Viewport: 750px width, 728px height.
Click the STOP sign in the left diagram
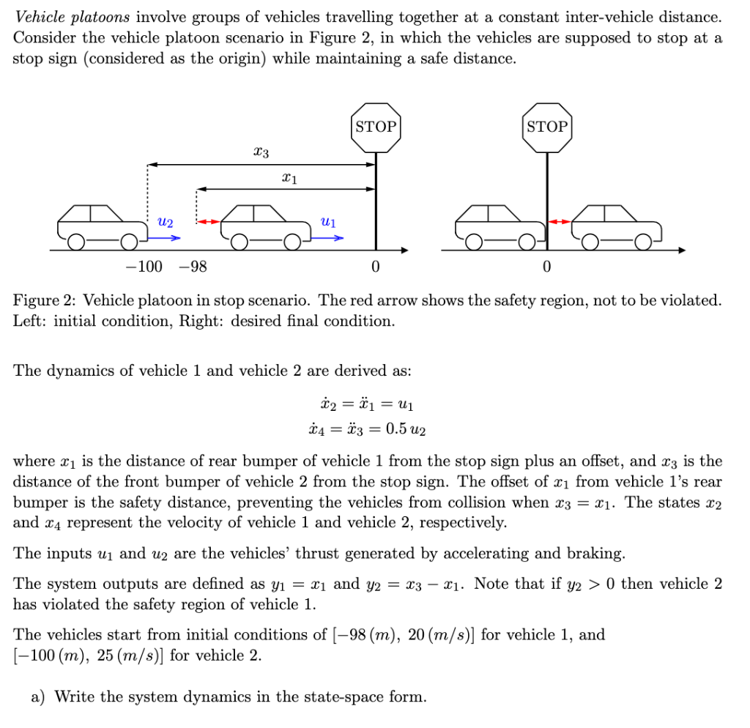click(x=376, y=127)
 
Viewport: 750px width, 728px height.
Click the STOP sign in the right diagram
click(x=546, y=127)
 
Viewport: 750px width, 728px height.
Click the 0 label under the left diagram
click(x=375, y=267)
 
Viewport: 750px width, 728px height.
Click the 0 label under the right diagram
click(x=546, y=267)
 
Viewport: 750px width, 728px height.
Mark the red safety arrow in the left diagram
click(x=209, y=220)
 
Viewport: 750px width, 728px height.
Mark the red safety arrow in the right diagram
click(x=560, y=220)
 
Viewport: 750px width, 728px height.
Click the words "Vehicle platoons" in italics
click(x=61, y=17)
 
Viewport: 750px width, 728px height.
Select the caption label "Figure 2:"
click(x=44, y=300)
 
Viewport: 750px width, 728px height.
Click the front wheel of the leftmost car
click(x=129, y=240)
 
